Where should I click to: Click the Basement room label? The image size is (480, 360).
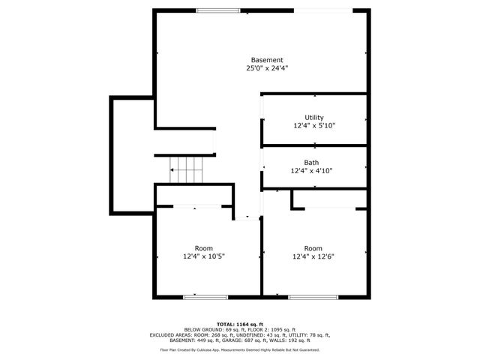tap(267, 60)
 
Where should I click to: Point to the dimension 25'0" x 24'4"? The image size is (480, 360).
tap(267, 68)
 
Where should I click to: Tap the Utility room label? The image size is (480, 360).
tap(313, 118)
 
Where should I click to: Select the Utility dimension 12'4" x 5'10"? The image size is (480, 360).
tap(313, 126)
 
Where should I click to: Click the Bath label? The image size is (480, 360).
tap(311, 163)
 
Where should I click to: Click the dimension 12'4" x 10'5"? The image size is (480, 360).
tap(204, 256)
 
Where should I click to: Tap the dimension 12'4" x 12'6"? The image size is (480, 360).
tap(313, 256)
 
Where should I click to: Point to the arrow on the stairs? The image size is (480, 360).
tap(173, 170)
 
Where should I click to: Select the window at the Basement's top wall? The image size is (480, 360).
tap(218, 10)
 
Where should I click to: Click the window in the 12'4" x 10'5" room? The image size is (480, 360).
tap(205, 298)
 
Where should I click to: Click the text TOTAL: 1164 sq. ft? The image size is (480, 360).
tap(239, 323)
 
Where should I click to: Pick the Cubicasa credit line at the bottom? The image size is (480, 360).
tap(239, 349)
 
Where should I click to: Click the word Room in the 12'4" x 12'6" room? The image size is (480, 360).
tap(313, 248)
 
